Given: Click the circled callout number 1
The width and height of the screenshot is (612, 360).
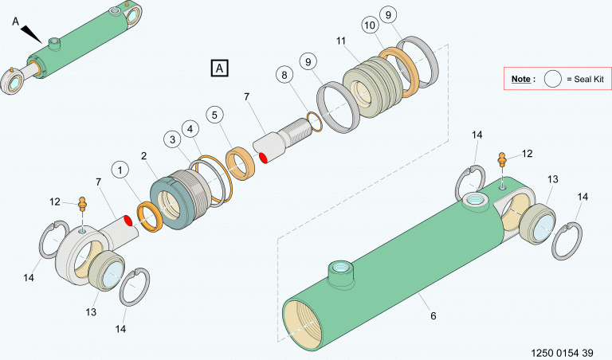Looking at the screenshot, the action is coord(120,170).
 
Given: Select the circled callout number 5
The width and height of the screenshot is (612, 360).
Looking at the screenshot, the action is coord(214,115).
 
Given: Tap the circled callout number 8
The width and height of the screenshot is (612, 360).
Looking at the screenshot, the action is coord(284,75).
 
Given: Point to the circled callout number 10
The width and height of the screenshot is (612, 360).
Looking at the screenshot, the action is coord(369,25).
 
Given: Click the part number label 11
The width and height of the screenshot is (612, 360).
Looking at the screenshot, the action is coord(341,41).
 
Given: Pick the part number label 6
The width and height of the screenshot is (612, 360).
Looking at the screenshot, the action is coord(433,316).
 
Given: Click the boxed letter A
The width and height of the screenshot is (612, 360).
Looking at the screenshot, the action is coord(219,68).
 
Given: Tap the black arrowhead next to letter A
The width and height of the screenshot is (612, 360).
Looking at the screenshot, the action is coord(31,34).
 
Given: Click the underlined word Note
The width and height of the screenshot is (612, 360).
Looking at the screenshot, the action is coord(521,79).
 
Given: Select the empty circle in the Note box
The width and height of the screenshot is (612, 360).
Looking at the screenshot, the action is coord(553,79).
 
